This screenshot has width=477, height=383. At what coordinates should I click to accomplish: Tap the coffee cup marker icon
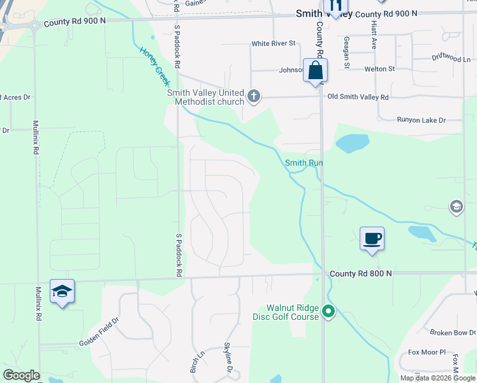click(372, 239)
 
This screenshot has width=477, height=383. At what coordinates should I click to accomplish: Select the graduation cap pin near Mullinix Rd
click(62, 292)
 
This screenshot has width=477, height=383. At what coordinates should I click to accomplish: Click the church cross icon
click(254, 97)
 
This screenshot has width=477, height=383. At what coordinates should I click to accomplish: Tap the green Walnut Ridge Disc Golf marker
click(328, 312)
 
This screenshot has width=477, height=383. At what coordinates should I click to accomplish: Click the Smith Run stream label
click(304, 163)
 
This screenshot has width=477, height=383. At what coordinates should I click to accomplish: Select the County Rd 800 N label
click(361, 273)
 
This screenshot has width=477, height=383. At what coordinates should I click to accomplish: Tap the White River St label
click(274, 43)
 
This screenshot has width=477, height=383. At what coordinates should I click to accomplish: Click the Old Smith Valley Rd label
click(357, 97)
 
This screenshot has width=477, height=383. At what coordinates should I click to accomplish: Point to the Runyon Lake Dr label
click(420, 119)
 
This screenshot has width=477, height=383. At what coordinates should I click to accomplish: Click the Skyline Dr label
click(227, 357)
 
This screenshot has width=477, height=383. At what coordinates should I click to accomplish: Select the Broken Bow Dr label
click(452, 333)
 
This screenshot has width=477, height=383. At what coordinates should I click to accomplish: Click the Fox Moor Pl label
click(427, 352)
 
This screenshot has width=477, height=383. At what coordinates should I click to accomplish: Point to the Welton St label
click(379, 68)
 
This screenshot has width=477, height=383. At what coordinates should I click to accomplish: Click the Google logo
click(22, 375)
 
